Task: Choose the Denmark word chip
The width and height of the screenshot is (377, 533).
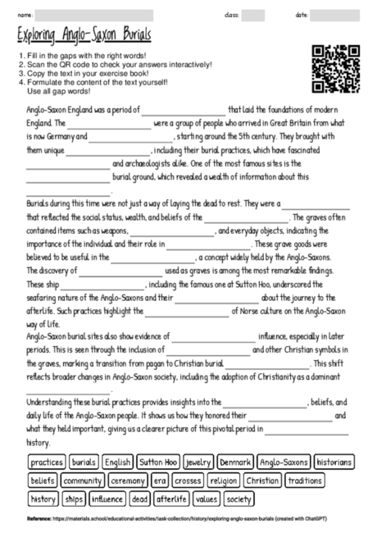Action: click(235, 462)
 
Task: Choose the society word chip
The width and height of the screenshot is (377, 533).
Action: click(238, 499)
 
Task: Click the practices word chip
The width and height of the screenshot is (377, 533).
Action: click(47, 462)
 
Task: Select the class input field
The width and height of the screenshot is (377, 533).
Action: click(252, 15)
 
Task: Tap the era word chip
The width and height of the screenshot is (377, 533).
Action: click(159, 481)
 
